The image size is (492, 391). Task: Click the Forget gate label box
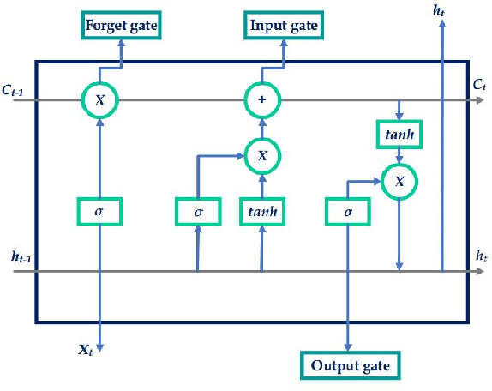121,25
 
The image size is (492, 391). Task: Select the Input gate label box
284,25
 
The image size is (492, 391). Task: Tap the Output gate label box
350,365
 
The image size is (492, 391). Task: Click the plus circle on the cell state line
261,100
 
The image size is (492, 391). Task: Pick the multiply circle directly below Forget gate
100,100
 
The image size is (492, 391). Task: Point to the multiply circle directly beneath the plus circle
261,155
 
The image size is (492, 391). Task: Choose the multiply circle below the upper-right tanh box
398,180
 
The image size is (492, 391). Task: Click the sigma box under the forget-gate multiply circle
100,210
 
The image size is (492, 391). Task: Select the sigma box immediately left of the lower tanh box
198,210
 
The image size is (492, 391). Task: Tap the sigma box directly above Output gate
349,210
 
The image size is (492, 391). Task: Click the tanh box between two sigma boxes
261,210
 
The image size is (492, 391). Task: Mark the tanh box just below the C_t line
398,133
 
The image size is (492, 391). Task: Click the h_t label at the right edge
480,255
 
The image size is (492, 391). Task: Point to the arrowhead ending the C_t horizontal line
478,100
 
